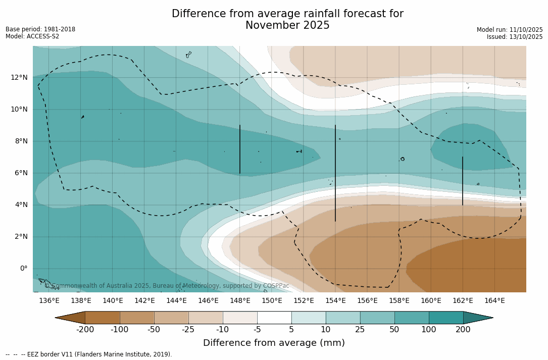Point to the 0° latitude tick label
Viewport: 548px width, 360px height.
[24, 268]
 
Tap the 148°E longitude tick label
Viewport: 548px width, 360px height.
[240, 301]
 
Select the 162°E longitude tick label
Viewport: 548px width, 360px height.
[463, 301]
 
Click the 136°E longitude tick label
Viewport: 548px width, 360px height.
[49, 301]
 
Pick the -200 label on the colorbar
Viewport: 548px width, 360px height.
[85, 330]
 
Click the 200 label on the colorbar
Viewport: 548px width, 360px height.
[463, 330]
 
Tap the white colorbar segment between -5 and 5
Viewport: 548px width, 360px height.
[274, 318]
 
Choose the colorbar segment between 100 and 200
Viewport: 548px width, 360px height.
[446, 318]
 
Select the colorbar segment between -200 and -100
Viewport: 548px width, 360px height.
[103, 318]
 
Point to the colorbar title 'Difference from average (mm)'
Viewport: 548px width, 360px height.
[274, 343]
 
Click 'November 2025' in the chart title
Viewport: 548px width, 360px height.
[287, 26]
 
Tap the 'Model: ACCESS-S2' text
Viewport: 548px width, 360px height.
[32, 36]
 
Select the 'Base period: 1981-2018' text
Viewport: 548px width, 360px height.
[40, 29]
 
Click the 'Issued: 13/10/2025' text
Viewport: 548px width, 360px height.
[515, 37]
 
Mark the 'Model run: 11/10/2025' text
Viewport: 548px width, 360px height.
[510, 30]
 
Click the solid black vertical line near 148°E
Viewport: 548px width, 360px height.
[240, 149]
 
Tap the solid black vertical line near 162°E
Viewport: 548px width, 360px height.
[463, 181]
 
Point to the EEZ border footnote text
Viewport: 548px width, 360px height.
[89, 354]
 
